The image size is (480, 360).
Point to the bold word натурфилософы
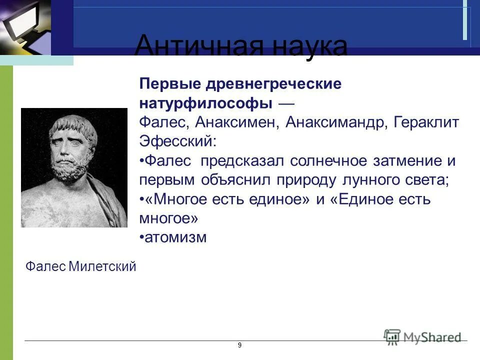[205, 103]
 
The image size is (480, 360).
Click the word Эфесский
[178, 141]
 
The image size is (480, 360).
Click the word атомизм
[175, 237]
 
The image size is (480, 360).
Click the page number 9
[239, 345]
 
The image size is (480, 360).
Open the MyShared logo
[422, 336]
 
